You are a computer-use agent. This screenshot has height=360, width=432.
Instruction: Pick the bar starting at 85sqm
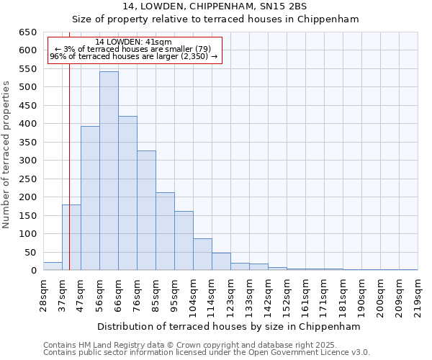click(x=165, y=231)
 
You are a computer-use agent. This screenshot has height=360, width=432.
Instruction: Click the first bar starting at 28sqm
click(x=53, y=266)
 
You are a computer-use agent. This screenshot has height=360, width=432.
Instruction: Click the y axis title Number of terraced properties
click(x=6, y=154)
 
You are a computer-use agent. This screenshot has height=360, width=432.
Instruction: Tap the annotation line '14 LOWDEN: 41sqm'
click(x=133, y=42)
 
